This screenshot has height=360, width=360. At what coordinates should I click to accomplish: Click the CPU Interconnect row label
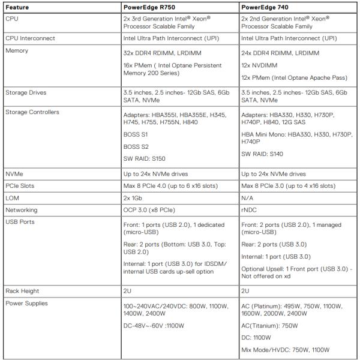(x=30, y=38)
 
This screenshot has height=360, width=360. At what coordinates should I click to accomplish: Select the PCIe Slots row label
(x=20, y=185)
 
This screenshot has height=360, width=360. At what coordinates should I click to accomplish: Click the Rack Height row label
(x=22, y=290)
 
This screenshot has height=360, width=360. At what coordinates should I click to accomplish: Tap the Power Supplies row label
(x=26, y=303)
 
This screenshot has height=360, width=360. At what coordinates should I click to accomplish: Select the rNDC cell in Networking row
(x=249, y=210)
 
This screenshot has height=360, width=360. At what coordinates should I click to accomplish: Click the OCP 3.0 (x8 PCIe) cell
(x=147, y=210)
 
